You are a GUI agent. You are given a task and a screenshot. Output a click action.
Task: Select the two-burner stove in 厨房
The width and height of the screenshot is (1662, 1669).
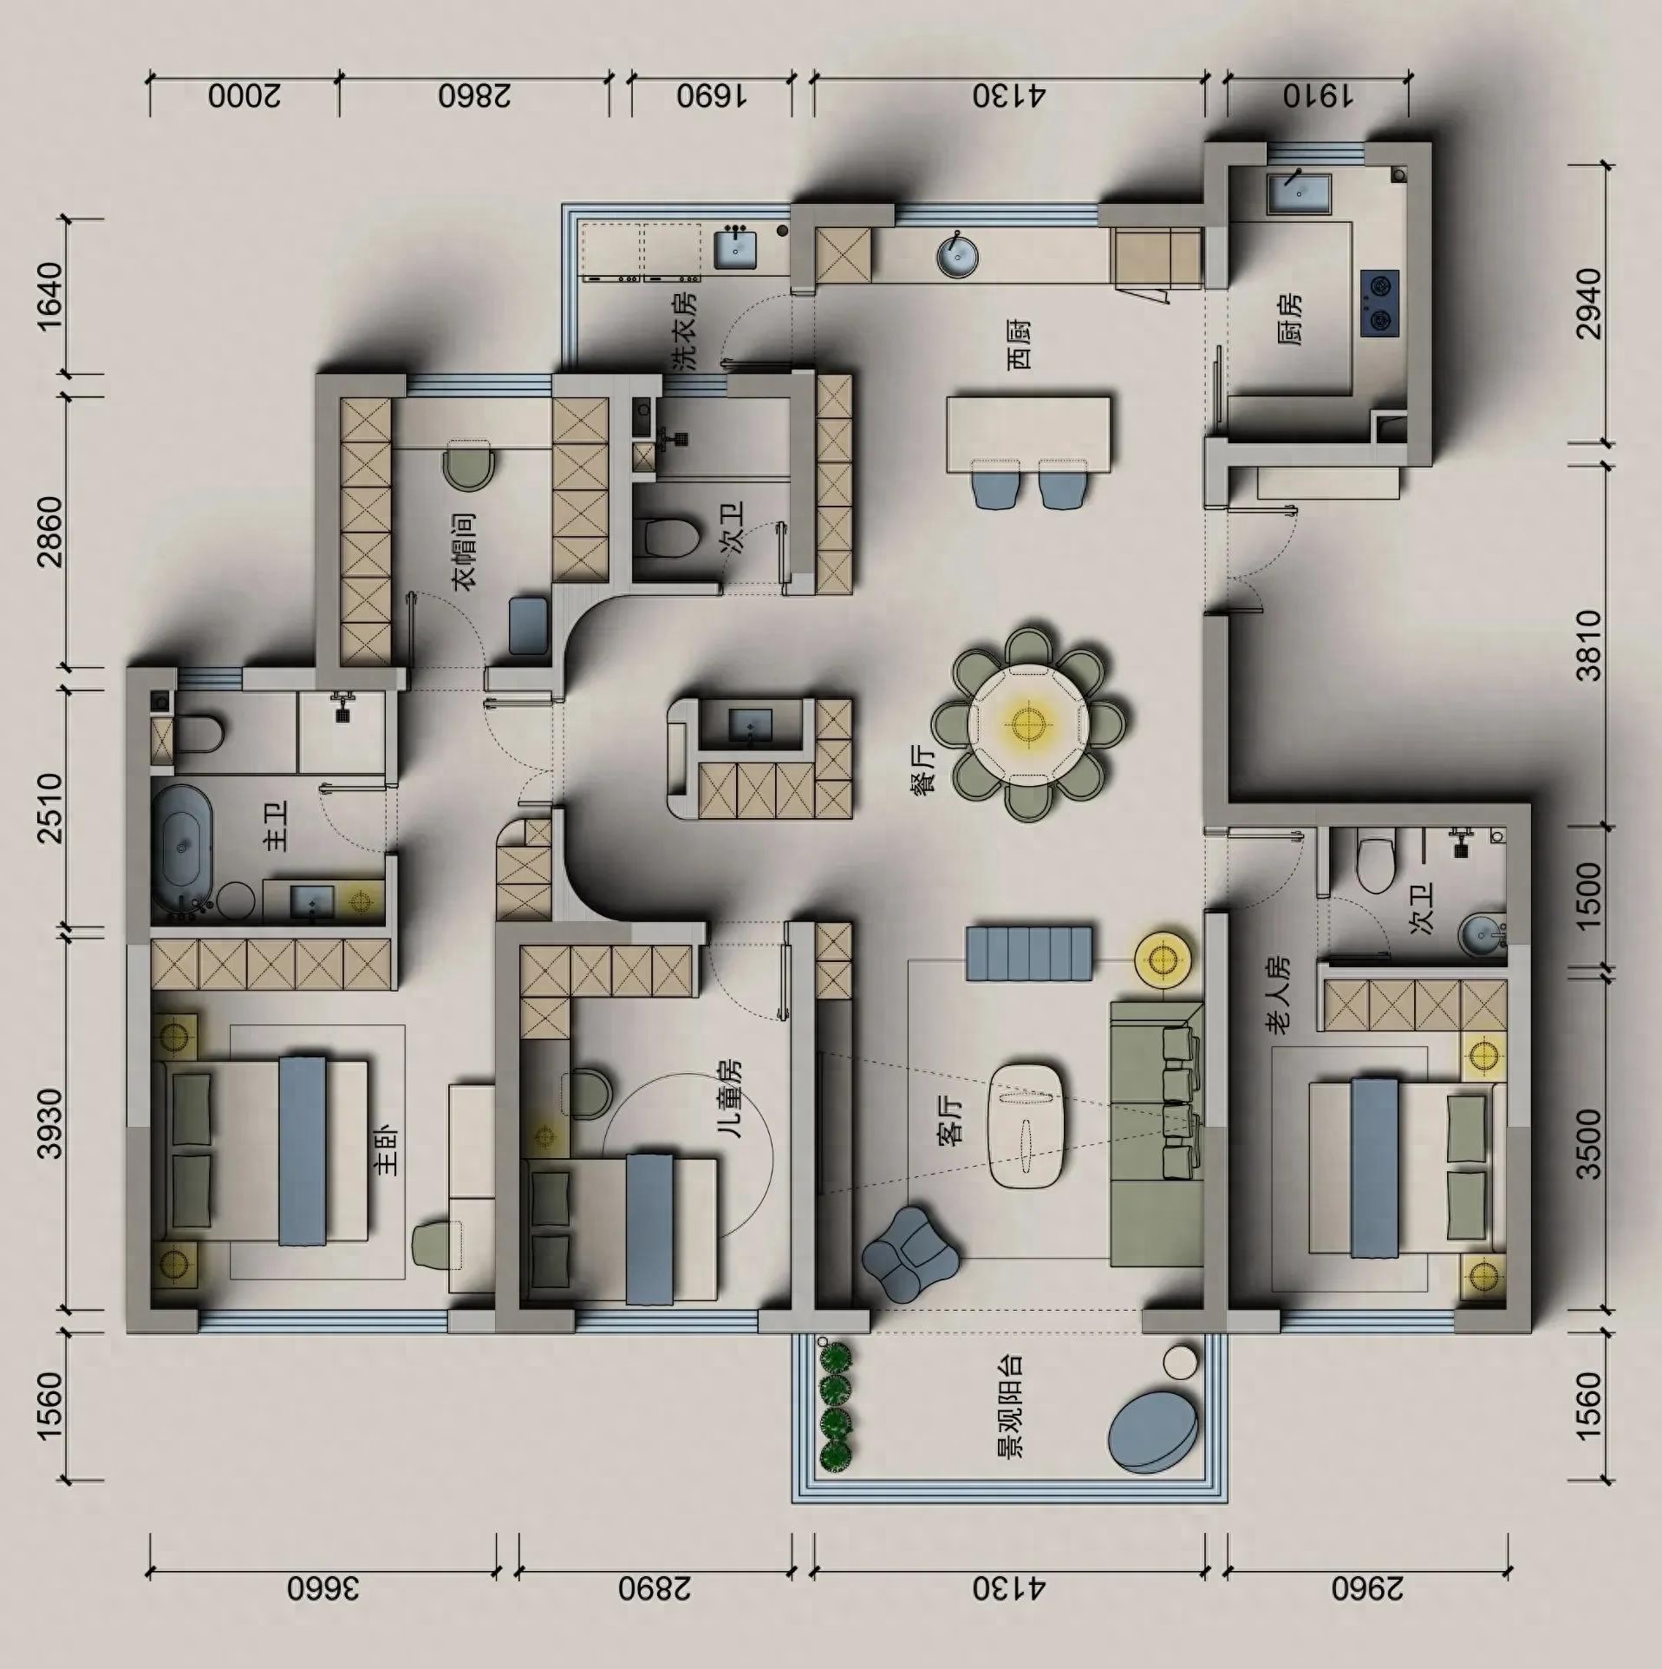pyautogui.click(x=1379, y=302)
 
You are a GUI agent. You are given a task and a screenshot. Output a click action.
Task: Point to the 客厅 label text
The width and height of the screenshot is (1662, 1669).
pyautogui.click(x=951, y=1121)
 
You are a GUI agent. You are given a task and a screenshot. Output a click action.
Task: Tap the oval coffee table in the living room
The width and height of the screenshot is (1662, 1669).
pyautogui.click(x=1028, y=1125)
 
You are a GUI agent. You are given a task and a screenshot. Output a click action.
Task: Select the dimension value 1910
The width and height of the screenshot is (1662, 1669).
pyautogui.click(x=1317, y=95)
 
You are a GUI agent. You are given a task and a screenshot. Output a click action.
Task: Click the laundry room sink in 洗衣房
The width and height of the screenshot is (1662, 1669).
pyautogui.click(x=735, y=250)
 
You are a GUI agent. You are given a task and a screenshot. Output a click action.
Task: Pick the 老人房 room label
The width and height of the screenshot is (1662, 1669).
pyautogui.click(x=1278, y=995)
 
